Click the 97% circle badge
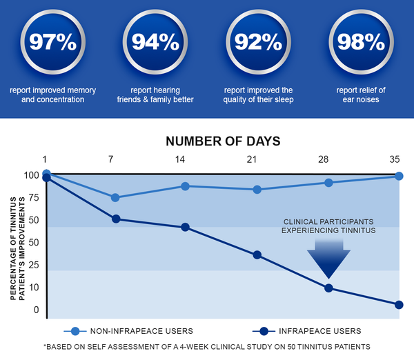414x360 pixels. pos(53,41)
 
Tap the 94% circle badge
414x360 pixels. pos(155,41)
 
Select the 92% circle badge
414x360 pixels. pos(258,41)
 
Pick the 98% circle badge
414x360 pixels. pos(361,41)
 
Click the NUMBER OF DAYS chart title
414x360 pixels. pos(223,141)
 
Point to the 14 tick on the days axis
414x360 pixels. pos(180,159)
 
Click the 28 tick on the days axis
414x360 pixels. pos(323,159)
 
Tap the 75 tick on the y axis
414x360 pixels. pos(34,198)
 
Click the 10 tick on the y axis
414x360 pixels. pos(34,288)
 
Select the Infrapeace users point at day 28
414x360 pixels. pos(328,288)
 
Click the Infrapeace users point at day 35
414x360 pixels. pos(399,305)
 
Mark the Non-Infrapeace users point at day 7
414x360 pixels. pos(115,197)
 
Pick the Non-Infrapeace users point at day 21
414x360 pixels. pos(257,190)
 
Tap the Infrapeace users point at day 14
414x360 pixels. pos(186,227)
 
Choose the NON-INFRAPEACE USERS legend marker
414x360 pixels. pos(75,331)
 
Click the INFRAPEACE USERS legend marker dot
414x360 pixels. pos(264,331)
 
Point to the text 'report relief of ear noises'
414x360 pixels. pos(361,94)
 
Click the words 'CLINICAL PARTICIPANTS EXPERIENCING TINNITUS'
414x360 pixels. pos(328,226)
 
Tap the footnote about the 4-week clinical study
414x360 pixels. pos(207,346)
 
